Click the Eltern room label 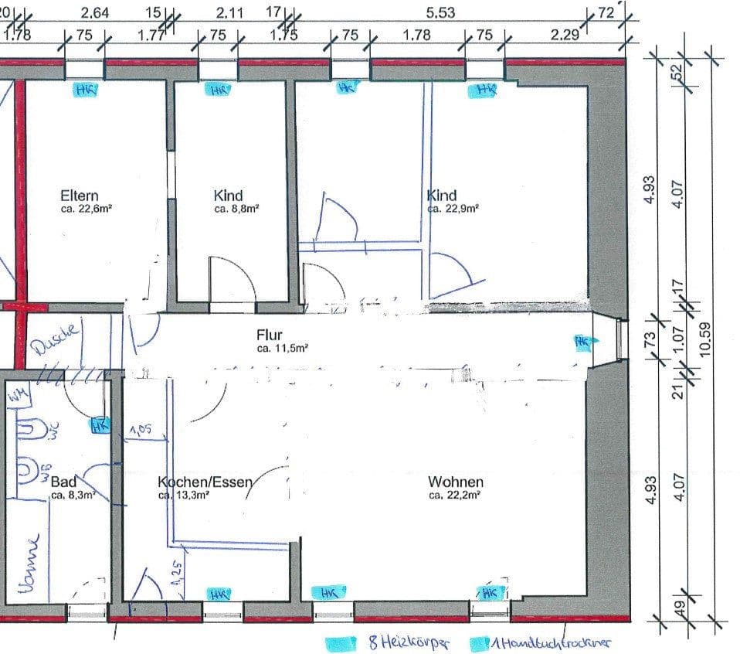coord(80,196)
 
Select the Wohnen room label coord(456,482)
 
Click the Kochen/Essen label coord(205,482)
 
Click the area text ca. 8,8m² coord(236,208)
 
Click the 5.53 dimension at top coord(440,12)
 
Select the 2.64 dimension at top coord(94,12)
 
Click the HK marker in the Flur coord(581,340)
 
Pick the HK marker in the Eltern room coord(85,90)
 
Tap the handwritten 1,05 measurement coord(140,430)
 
